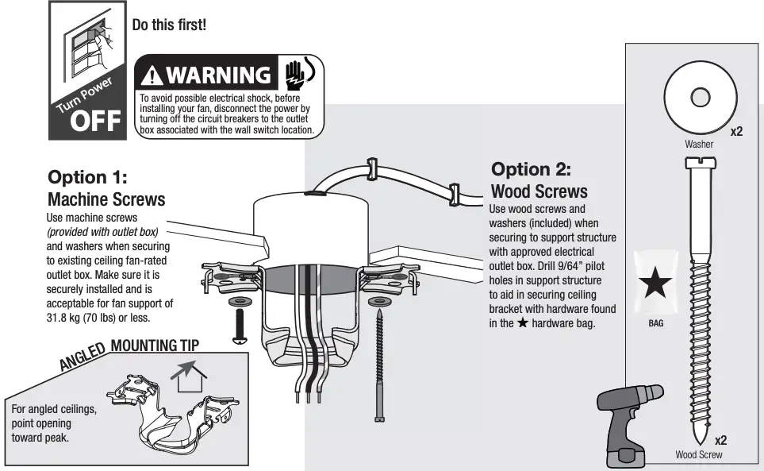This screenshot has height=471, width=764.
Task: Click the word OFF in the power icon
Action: click(x=96, y=121)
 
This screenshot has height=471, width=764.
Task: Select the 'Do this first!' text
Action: click(x=168, y=25)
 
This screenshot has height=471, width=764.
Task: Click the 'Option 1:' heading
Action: click(x=87, y=176)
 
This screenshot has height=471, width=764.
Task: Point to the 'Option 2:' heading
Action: click(x=531, y=169)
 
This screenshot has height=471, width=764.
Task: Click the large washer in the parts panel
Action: click(x=699, y=98)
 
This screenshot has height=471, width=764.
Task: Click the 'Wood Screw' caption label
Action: click(x=698, y=455)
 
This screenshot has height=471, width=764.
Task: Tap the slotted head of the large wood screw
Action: click(x=699, y=164)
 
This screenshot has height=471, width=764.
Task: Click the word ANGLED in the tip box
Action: click(x=83, y=357)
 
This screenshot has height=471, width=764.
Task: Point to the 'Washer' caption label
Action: click(x=699, y=145)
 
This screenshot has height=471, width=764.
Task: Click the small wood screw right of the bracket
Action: click(x=378, y=365)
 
